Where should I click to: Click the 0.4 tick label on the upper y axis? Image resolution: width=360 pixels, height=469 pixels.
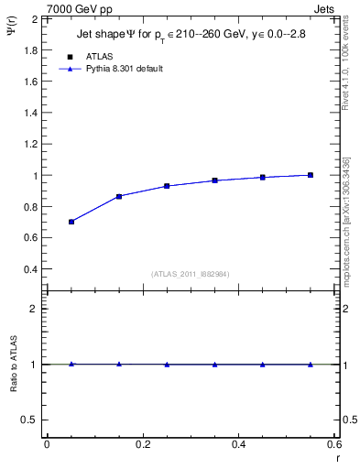[30, 269]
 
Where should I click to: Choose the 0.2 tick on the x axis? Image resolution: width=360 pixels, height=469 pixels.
[142, 444]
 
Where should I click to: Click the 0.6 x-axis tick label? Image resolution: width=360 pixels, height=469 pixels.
[334, 444]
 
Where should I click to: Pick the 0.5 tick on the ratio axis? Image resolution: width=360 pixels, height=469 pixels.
[30, 420]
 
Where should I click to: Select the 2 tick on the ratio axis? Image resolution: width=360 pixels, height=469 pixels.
[35, 309]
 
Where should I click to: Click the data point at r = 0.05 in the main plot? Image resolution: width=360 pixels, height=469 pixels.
[71, 222]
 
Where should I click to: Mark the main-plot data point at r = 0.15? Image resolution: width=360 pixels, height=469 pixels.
[119, 196]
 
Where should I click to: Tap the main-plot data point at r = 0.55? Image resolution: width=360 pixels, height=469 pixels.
[311, 175]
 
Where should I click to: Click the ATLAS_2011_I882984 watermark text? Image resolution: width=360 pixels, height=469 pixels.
[191, 274]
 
